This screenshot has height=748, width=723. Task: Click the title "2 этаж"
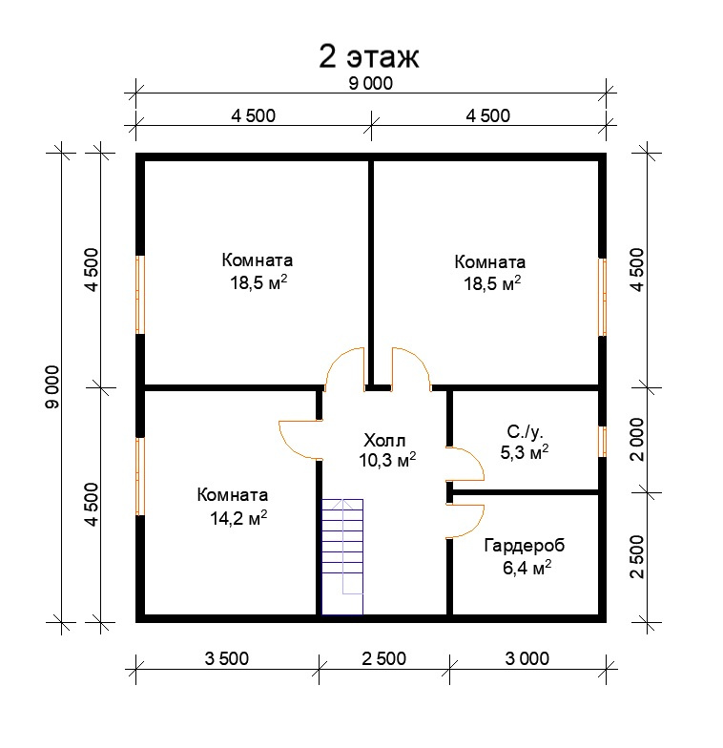point(368,57)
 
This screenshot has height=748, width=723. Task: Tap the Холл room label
point(384,439)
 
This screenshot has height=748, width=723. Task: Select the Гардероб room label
point(525,546)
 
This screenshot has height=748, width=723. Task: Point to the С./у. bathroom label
point(525,432)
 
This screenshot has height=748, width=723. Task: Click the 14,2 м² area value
point(238,517)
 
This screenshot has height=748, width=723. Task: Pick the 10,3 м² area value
point(387,460)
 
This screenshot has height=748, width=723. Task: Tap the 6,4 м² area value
point(527,568)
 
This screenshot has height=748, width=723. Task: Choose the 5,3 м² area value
point(525,451)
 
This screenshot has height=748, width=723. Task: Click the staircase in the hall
point(342,557)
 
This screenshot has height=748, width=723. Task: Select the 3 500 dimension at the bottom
point(227,658)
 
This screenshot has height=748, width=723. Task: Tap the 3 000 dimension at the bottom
point(527,658)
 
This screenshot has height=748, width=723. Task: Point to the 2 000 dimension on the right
point(637,439)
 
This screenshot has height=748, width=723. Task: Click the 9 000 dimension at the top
point(370,84)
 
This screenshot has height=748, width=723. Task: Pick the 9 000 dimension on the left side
point(52,387)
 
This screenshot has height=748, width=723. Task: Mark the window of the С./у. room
point(603,441)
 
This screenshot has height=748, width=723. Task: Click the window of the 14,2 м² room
point(139,477)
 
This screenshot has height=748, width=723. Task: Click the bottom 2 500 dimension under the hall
point(383,658)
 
